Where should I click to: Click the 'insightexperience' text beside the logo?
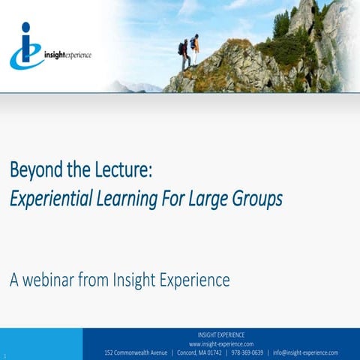[x=67, y=55]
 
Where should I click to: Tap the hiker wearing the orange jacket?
[x=195, y=52]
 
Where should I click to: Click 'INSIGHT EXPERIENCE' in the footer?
[x=221, y=334]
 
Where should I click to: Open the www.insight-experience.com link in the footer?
[x=221, y=343]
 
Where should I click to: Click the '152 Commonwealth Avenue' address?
[x=136, y=352]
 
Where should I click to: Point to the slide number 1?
[x=4, y=355]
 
